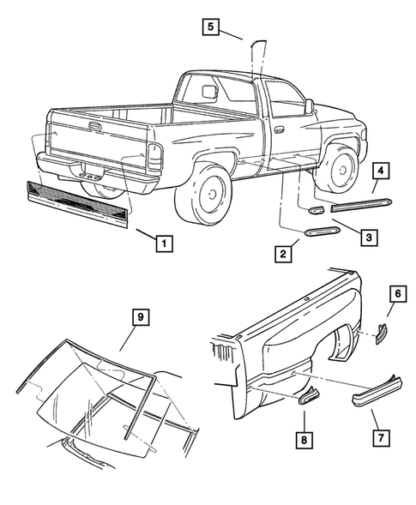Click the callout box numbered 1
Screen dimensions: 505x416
(160, 243)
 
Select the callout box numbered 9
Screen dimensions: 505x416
(141, 318)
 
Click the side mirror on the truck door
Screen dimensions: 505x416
(308, 107)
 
